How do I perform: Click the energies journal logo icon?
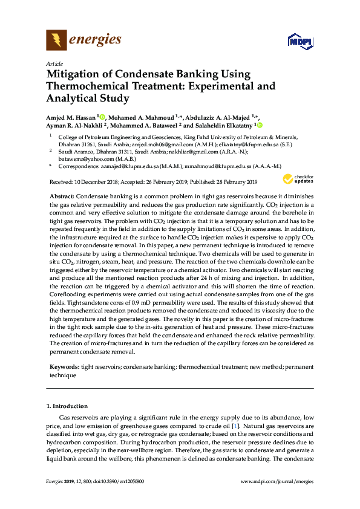[x=56, y=41]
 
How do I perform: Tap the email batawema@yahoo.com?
[x=83, y=158]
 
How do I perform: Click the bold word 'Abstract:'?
[x=61, y=197]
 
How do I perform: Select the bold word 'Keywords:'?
[x=63, y=367]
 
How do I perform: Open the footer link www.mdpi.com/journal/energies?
[x=277, y=481]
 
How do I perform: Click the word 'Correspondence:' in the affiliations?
[x=77, y=165]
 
